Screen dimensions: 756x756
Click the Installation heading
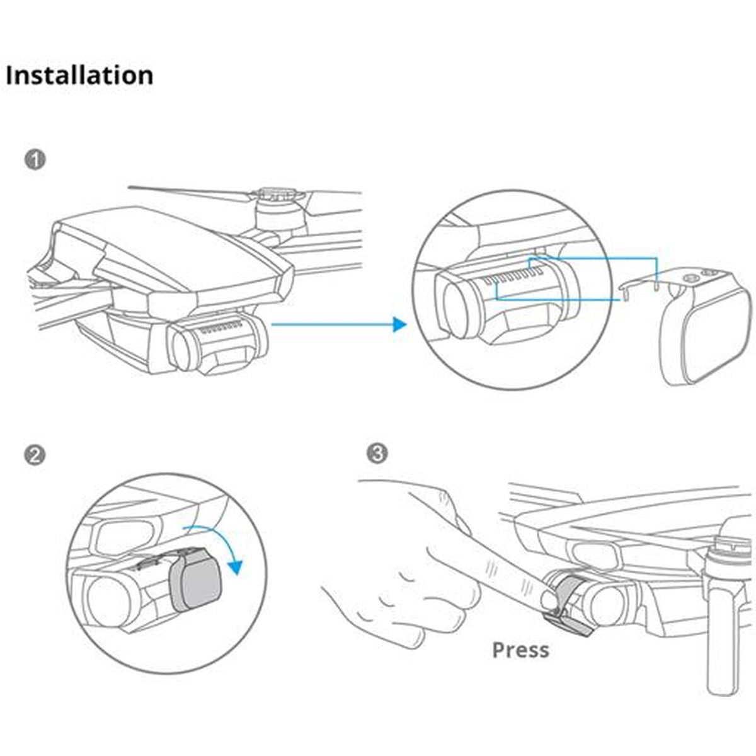[79, 75]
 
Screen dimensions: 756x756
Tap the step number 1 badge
[35, 159]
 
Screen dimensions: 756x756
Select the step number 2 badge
[35, 454]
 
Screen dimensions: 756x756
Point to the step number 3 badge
[377, 453]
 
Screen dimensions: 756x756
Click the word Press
[520, 650]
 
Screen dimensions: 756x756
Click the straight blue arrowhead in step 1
[399, 324]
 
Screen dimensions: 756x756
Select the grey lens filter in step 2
[197, 585]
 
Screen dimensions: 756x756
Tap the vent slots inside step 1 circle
[517, 277]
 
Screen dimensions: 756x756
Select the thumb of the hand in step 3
[454, 548]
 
